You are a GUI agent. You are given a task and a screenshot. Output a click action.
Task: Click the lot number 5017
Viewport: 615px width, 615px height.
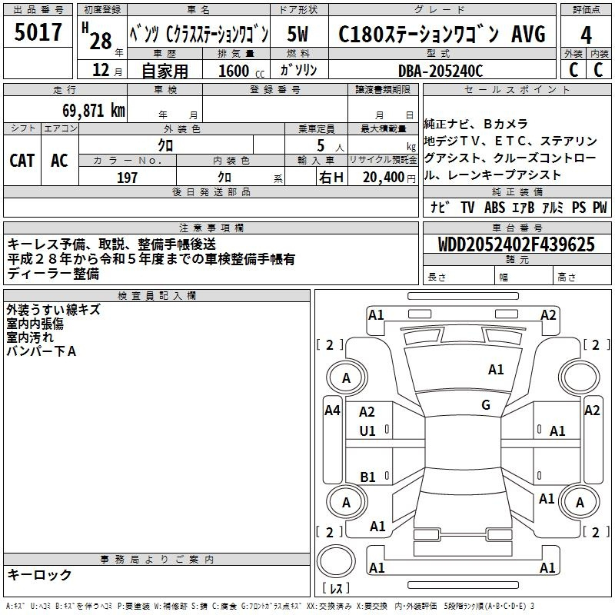pos(38,32)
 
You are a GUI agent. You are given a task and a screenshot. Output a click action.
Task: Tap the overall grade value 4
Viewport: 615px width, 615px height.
pos(586,35)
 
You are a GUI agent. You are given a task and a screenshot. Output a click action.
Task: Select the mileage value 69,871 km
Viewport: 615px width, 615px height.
pos(94,110)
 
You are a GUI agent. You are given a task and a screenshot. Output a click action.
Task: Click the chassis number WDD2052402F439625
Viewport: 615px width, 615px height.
pos(517,244)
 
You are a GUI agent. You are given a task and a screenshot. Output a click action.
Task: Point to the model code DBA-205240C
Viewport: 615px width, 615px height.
pos(440,71)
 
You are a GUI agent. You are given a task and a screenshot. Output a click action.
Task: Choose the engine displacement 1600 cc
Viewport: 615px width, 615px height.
pos(241,71)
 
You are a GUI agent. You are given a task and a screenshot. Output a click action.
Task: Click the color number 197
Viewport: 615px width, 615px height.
pos(127,178)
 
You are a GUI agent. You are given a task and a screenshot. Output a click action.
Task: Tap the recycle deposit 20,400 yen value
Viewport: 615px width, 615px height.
pos(389,178)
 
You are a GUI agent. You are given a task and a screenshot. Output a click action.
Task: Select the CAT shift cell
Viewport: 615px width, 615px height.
pos(22,161)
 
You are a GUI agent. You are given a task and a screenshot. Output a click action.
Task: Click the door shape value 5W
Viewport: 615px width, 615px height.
pos(298,34)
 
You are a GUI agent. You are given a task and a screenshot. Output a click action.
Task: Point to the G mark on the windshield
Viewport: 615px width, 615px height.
pos(486,405)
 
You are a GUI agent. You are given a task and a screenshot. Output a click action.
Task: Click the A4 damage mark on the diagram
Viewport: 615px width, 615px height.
pos(332,411)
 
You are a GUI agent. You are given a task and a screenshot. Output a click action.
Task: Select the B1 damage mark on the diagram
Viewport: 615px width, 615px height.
pos(367,477)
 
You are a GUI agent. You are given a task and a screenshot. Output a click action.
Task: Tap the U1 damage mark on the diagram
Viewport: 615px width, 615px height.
pos(367,431)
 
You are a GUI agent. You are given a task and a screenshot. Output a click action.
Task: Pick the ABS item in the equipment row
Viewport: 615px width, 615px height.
pos(494,207)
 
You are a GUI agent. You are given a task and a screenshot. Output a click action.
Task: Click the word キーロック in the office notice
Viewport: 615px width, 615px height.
pos(39,574)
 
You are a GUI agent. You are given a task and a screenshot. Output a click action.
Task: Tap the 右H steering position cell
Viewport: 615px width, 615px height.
pos(331,178)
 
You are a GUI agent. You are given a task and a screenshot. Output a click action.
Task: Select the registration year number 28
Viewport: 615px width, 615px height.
pos(101,41)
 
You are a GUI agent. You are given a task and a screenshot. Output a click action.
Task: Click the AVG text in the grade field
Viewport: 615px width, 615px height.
pos(528,34)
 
